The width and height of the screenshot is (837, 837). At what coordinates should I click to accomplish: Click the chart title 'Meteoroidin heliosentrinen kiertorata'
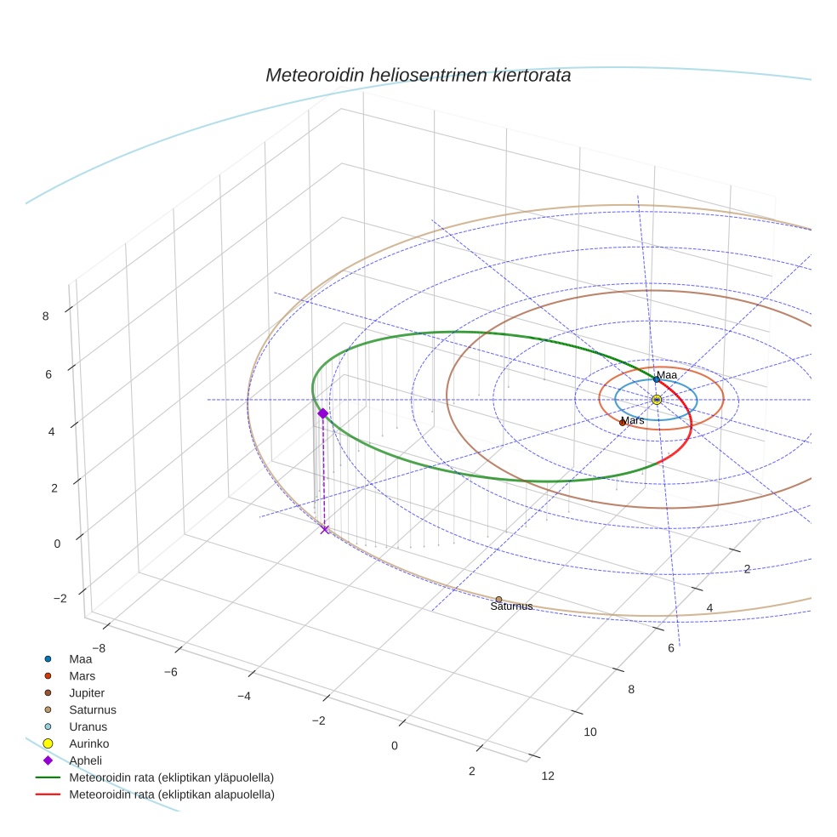click(x=418, y=75)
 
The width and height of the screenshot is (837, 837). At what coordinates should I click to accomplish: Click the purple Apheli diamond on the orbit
click(x=322, y=413)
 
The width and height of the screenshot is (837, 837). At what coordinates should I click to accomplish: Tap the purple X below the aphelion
click(x=324, y=529)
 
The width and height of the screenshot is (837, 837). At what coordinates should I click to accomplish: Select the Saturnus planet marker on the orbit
click(x=498, y=600)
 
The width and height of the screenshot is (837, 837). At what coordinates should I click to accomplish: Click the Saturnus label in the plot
click(x=511, y=606)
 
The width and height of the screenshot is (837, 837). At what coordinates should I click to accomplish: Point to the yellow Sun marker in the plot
click(x=656, y=400)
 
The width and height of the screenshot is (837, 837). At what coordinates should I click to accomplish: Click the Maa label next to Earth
click(x=667, y=375)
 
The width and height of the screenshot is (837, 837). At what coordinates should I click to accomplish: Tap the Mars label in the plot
click(x=633, y=420)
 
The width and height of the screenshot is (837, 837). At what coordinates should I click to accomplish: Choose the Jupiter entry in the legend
click(x=87, y=692)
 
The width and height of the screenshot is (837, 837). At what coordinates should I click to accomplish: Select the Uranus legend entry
click(x=88, y=726)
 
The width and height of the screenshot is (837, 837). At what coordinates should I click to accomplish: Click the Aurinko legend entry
click(x=88, y=743)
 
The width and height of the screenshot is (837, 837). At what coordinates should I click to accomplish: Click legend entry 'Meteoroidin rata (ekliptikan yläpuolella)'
click(x=171, y=777)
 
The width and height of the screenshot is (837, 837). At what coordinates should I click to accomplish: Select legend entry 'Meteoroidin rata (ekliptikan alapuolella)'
click(x=171, y=794)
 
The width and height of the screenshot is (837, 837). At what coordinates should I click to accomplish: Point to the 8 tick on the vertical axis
click(x=45, y=316)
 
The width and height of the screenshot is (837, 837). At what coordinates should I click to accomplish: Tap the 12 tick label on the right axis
click(x=548, y=775)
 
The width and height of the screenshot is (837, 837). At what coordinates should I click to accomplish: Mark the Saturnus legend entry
click(x=92, y=709)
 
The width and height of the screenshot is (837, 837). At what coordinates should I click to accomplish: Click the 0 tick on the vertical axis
click(x=57, y=543)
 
